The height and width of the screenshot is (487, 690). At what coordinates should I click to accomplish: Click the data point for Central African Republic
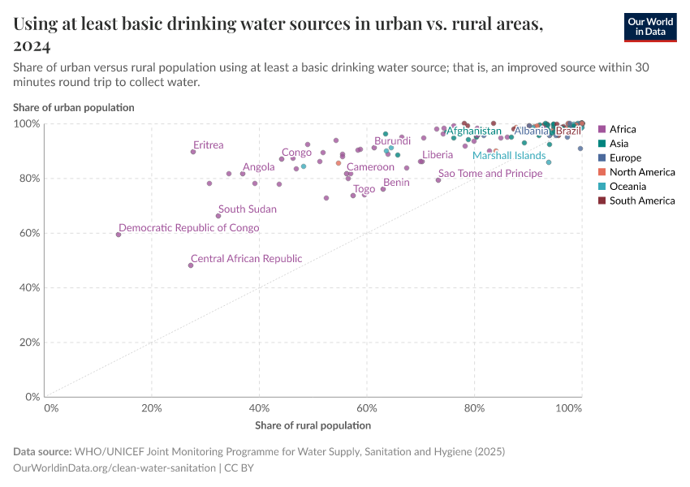click(191, 265)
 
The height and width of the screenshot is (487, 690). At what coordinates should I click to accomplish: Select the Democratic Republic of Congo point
click(119, 235)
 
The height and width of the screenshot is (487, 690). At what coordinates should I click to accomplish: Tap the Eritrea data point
click(193, 152)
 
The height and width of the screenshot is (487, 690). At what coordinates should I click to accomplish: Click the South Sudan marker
click(218, 216)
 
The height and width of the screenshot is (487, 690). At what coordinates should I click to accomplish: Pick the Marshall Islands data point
click(549, 162)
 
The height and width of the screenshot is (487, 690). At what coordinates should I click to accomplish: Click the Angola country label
click(259, 167)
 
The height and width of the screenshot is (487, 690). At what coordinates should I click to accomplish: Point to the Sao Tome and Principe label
click(489, 173)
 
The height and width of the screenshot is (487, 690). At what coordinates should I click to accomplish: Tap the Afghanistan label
click(474, 131)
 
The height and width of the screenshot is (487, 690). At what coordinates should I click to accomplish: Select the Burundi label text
click(392, 141)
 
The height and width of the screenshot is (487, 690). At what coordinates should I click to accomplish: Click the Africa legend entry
click(623, 129)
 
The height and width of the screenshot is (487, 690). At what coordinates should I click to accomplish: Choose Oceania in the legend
click(627, 187)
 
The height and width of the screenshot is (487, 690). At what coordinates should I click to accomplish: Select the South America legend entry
click(641, 200)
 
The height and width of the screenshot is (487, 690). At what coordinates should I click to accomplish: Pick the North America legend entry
click(642, 172)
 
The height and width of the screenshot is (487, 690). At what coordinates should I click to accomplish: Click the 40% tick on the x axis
click(259, 408)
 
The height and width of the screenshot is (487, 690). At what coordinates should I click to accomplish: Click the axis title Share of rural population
click(313, 425)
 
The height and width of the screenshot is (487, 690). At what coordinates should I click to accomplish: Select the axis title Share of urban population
click(73, 107)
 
